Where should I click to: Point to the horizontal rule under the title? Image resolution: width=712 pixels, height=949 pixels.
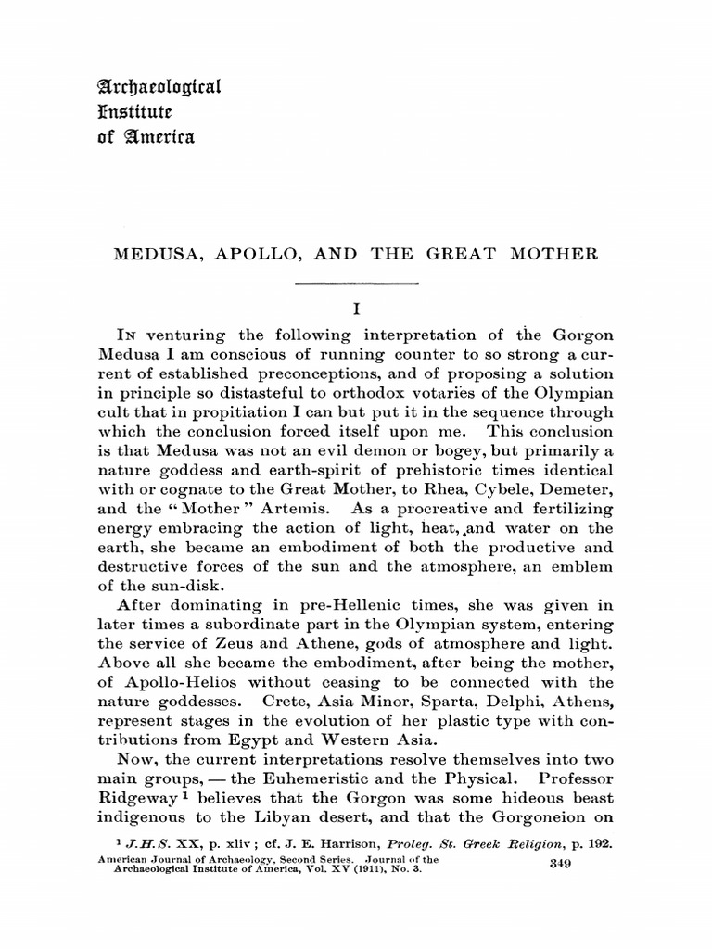pyautogui.click(x=356, y=283)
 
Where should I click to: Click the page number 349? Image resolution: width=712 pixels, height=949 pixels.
pyautogui.click(x=559, y=863)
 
